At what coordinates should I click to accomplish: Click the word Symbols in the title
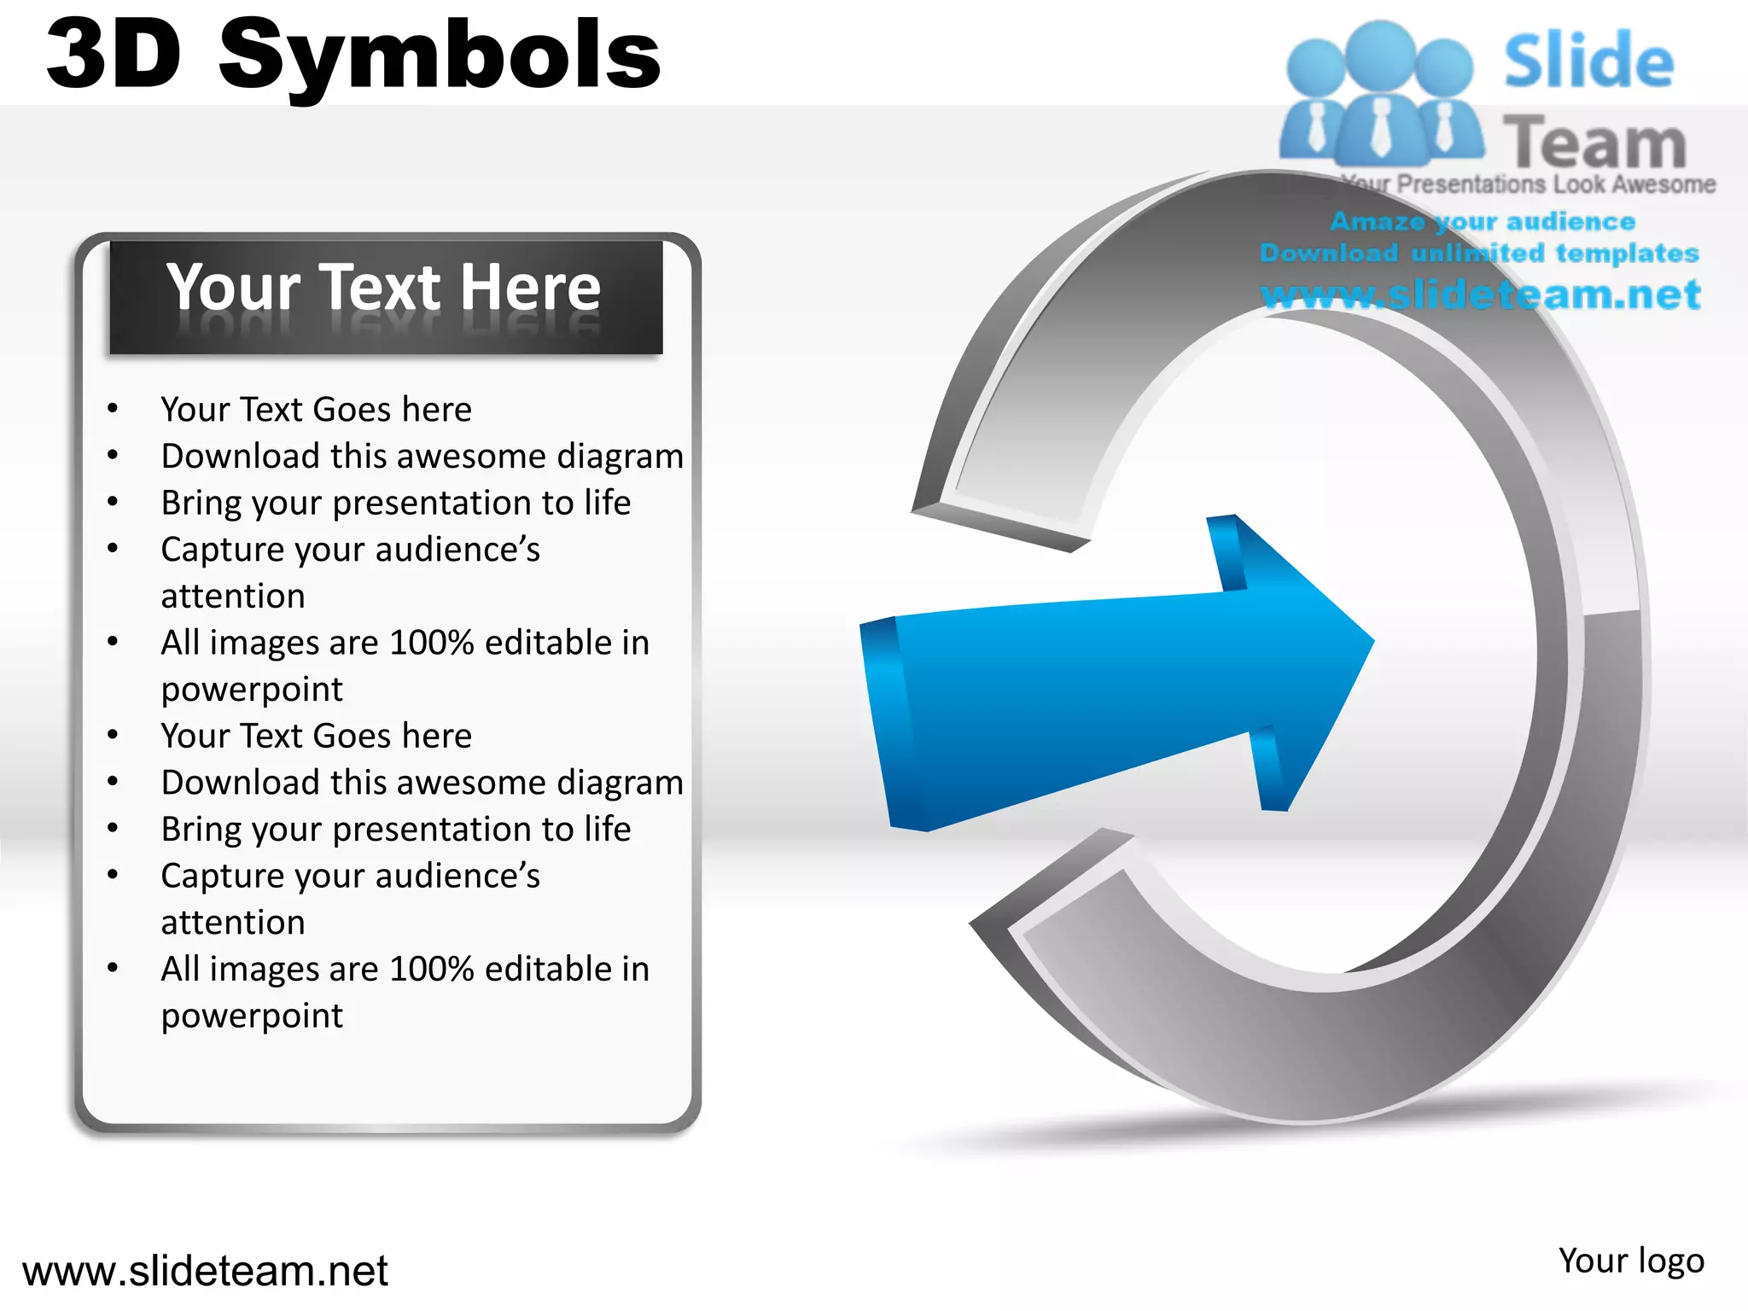pyautogui.click(x=440, y=56)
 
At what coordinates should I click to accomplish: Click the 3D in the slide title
pyautogui.click(x=114, y=55)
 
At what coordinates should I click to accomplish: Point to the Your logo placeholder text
pyautogui.click(x=1630, y=1261)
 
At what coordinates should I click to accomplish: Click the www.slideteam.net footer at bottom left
pyautogui.click(x=205, y=1271)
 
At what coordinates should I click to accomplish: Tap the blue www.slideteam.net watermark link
pyautogui.click(x=1480, y=295)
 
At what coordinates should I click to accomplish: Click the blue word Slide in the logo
pyautogui.click(x=1588, y=61)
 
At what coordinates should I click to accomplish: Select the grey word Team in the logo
pyautogui.click(x=1594, y=143)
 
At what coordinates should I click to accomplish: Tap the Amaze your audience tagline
pyautogui.click(x=1483, y=222)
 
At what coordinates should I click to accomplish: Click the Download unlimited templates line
pyautogui.click(x=1479, y=253)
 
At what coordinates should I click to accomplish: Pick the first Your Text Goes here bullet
pyautogui.click(x=316, y=410)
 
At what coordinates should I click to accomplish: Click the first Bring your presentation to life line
pyautogui.click(x=396, y=503)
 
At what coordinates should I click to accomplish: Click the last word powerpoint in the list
pyautogui.click(x=252, y=1016)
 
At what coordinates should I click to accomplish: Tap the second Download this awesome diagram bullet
pyautogui.click(x=422, y=783)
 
